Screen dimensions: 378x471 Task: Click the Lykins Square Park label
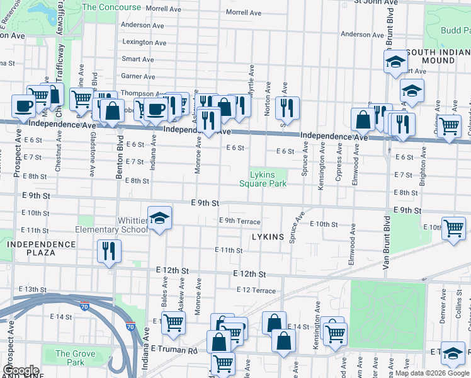(263, 179)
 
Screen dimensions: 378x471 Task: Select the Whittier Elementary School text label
(111, 225)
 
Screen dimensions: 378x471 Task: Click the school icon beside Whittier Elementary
(160, 218)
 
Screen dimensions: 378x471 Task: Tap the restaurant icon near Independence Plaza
(109, 251)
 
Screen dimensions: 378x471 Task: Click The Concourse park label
(111, 8)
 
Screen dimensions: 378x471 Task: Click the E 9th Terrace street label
(239, 220)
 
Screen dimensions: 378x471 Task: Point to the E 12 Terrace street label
(256, 290)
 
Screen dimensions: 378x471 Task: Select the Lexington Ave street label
(144, 42)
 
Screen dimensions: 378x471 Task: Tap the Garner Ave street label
(138, 76)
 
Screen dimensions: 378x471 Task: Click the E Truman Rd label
(174, 348)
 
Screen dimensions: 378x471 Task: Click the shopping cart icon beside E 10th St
(453, 228)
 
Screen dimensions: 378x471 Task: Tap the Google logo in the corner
(21, 370)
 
